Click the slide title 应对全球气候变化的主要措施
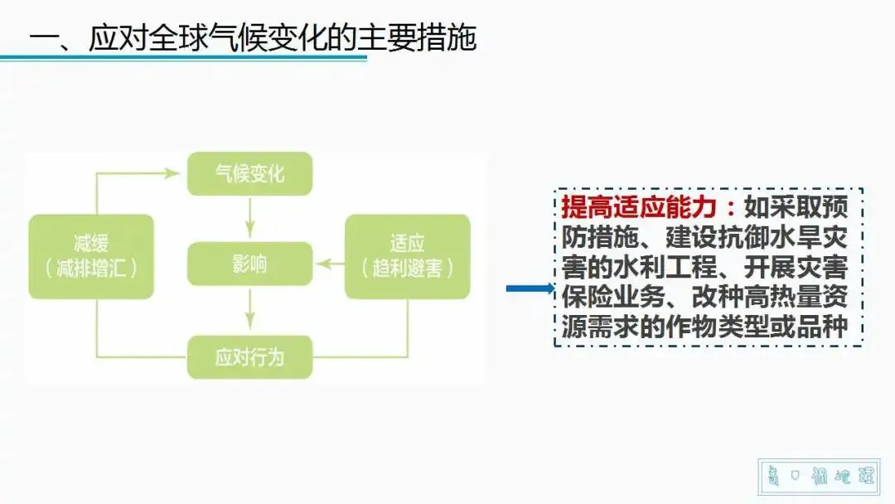click(x=283, y=38)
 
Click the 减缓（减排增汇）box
click(x=91, y=256)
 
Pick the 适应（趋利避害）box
click(x=407, y=256)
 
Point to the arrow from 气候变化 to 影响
click(x=249, y=218)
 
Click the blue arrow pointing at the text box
click(x=529, y=288)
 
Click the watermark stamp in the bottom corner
click(x=817, y=477)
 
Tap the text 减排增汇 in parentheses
click(x=91, y=268)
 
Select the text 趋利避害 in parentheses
click(x=407, y=268)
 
